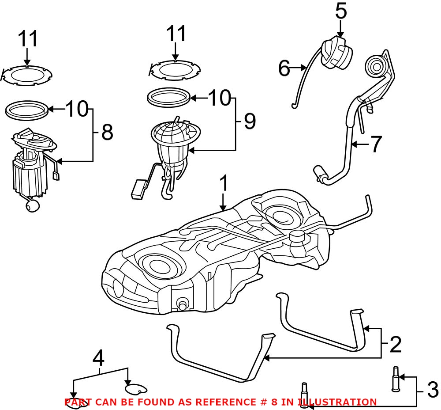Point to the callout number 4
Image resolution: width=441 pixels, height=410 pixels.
coord(99,357)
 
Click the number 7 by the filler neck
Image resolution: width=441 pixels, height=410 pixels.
coord(375,144)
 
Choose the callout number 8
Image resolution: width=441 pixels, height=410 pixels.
coord(107,132)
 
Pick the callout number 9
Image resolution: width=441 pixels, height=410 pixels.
coord(250,121)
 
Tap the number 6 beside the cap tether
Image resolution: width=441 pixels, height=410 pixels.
coord(284,68)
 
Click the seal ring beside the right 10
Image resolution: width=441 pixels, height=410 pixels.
coord(169,97)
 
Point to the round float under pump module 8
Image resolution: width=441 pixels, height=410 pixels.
coord(32,205)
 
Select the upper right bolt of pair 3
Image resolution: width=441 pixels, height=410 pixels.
coord(396,379)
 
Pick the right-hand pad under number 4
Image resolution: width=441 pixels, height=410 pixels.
coord(135,389)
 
